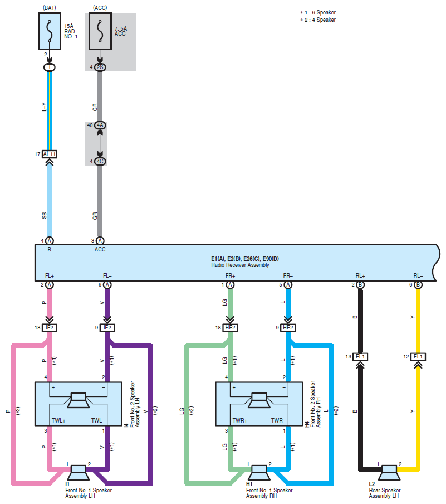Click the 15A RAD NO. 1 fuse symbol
tap(50, 31)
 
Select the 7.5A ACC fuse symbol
tap(100, 31)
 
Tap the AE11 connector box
tap(50, 154)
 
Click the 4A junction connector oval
tap(100, 125)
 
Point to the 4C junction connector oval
tap(100, 161)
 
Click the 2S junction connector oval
tap(100, 67)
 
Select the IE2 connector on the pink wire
tap(50, 327)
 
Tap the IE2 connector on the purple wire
tap(107, 327)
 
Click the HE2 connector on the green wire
tap(230, 327)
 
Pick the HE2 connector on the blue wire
tap(288, 327)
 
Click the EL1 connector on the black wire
tap(360, 356)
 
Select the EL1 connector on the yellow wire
tap(418, 356)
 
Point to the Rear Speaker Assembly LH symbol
tap(389, 473)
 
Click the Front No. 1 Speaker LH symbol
tap(79, 473)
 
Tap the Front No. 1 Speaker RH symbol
tap(259, 473)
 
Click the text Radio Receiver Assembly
tap(240, 265)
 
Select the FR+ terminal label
tap(230, 276)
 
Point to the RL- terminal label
tap(418, 276)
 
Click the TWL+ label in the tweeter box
tap(59, 420)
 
